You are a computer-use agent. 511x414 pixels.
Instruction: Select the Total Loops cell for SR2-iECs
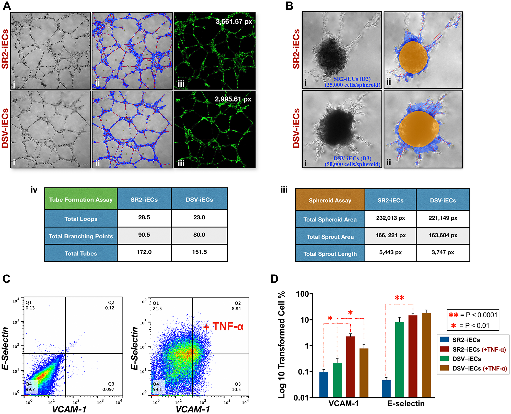144,218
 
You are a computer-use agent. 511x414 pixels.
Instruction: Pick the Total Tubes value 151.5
199,252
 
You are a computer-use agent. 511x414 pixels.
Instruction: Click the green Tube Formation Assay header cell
81,199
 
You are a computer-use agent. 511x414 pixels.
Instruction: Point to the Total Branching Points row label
81,236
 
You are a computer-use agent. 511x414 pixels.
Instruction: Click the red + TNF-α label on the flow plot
223,327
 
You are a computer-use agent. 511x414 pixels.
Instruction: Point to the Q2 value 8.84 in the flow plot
236,309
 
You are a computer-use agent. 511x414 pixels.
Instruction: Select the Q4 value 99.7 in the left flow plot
30,389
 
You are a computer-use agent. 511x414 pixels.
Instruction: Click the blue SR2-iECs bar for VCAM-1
324,384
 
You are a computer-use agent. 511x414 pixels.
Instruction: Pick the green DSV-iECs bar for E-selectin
399,359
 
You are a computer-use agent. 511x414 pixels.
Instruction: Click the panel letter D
274,279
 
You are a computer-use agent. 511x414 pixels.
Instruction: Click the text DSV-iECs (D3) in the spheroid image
352,158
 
